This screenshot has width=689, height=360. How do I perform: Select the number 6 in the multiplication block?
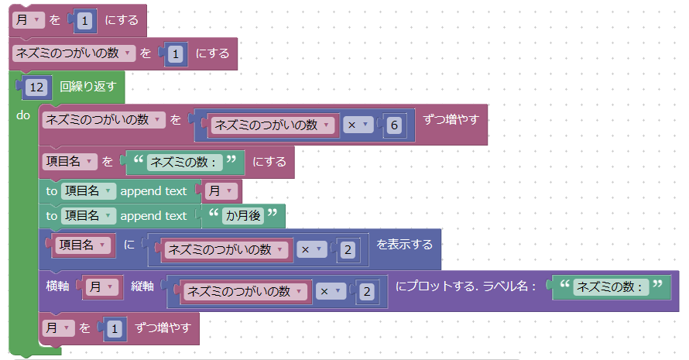(393, 125)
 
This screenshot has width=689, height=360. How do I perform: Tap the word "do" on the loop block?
(22, 115)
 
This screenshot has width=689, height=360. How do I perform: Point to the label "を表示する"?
(404, 244)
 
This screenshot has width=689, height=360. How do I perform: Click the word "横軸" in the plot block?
(58, 286)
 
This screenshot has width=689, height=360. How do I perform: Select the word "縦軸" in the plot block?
(142, 286)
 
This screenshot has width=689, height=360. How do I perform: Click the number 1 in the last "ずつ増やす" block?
(114, 329)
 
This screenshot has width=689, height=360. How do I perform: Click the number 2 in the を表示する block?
(348, 249)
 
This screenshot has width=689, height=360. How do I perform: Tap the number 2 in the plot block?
(367, 291)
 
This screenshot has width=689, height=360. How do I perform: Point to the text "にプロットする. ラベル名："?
(466, 286)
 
